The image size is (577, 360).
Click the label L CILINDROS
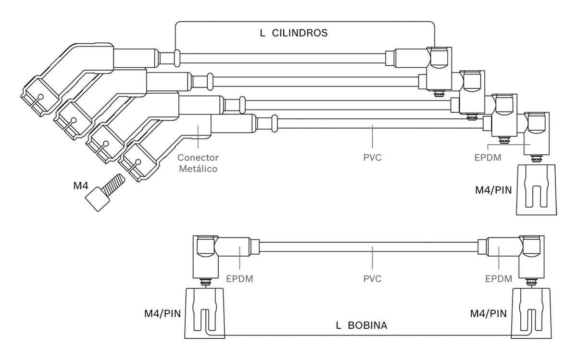coord(294,33)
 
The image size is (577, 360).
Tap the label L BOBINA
coord(362,325)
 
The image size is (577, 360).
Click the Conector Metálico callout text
coord(198,163)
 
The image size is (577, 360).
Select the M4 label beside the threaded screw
coord(81,186)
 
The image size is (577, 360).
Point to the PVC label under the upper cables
coord(372,157)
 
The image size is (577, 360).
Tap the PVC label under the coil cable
coord(372,279)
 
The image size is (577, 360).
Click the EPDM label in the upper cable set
coord(488,157)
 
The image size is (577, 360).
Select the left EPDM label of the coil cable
coord(239,279)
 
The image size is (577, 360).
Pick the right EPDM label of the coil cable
coord(499,279)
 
